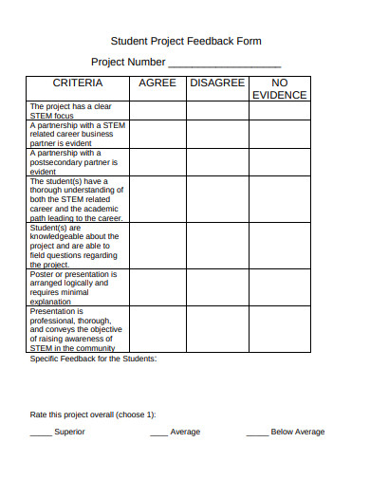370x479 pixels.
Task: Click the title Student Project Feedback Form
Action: click(186, 42)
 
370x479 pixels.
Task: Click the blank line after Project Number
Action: click(224, 64)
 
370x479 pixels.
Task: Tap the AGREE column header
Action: click(157, 83)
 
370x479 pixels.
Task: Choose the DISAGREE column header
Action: click(217, 83)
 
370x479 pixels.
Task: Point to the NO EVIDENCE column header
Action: click(279, 89)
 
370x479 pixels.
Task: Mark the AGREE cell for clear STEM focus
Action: click(157, 111)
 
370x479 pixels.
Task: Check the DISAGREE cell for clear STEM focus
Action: click(217, 111)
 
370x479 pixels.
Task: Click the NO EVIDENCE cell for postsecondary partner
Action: click(279, 161)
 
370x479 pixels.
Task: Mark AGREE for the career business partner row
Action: click(157, 134)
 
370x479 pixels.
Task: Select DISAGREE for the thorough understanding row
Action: click(217, 199)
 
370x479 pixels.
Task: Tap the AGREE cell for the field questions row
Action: click(157, 246)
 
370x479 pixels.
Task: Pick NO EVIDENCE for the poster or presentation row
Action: click(279, 287)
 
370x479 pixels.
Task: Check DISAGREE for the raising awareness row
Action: click(217, 329)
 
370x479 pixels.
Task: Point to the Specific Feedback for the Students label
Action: click(93, 359)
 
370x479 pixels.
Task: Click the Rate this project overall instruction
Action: click(93, 415)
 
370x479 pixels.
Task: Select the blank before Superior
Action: click(41, 433)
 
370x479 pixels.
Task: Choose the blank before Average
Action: click(158, 433)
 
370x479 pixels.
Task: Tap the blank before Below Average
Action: click(256, 433)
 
